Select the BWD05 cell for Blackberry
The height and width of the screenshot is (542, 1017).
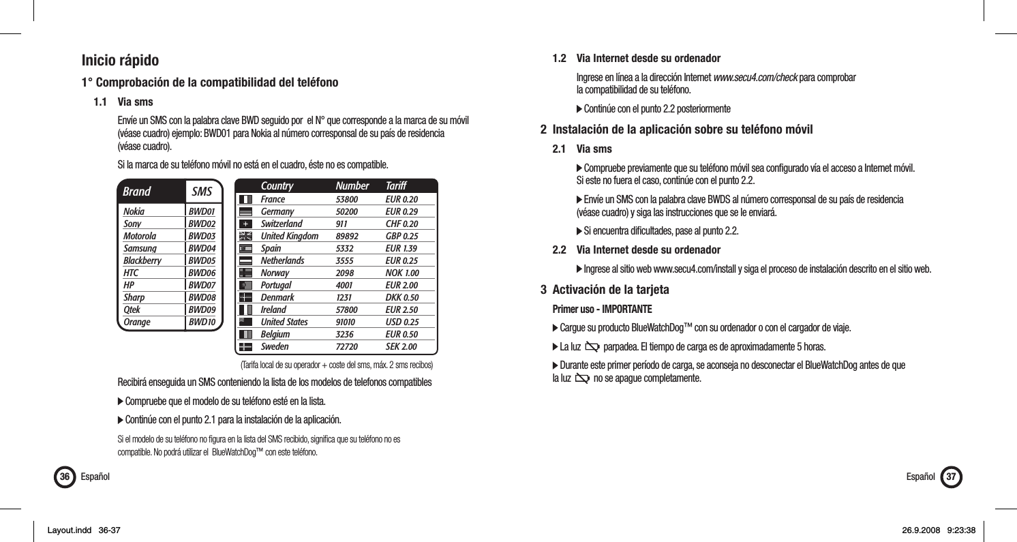click(202, 260)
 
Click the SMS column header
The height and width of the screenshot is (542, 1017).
click(202, 192)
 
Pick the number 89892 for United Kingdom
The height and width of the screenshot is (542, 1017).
click(348, 236)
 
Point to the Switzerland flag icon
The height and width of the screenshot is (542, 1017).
click(245, 224)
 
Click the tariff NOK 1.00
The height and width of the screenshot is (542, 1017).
click(401, 273)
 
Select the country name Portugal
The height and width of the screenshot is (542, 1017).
click(276, 285)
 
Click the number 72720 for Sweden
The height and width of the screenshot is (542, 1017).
click(348, 346)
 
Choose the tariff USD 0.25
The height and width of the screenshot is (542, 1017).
click(401, 322)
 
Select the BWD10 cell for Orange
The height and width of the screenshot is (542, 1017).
click(202, 322)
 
